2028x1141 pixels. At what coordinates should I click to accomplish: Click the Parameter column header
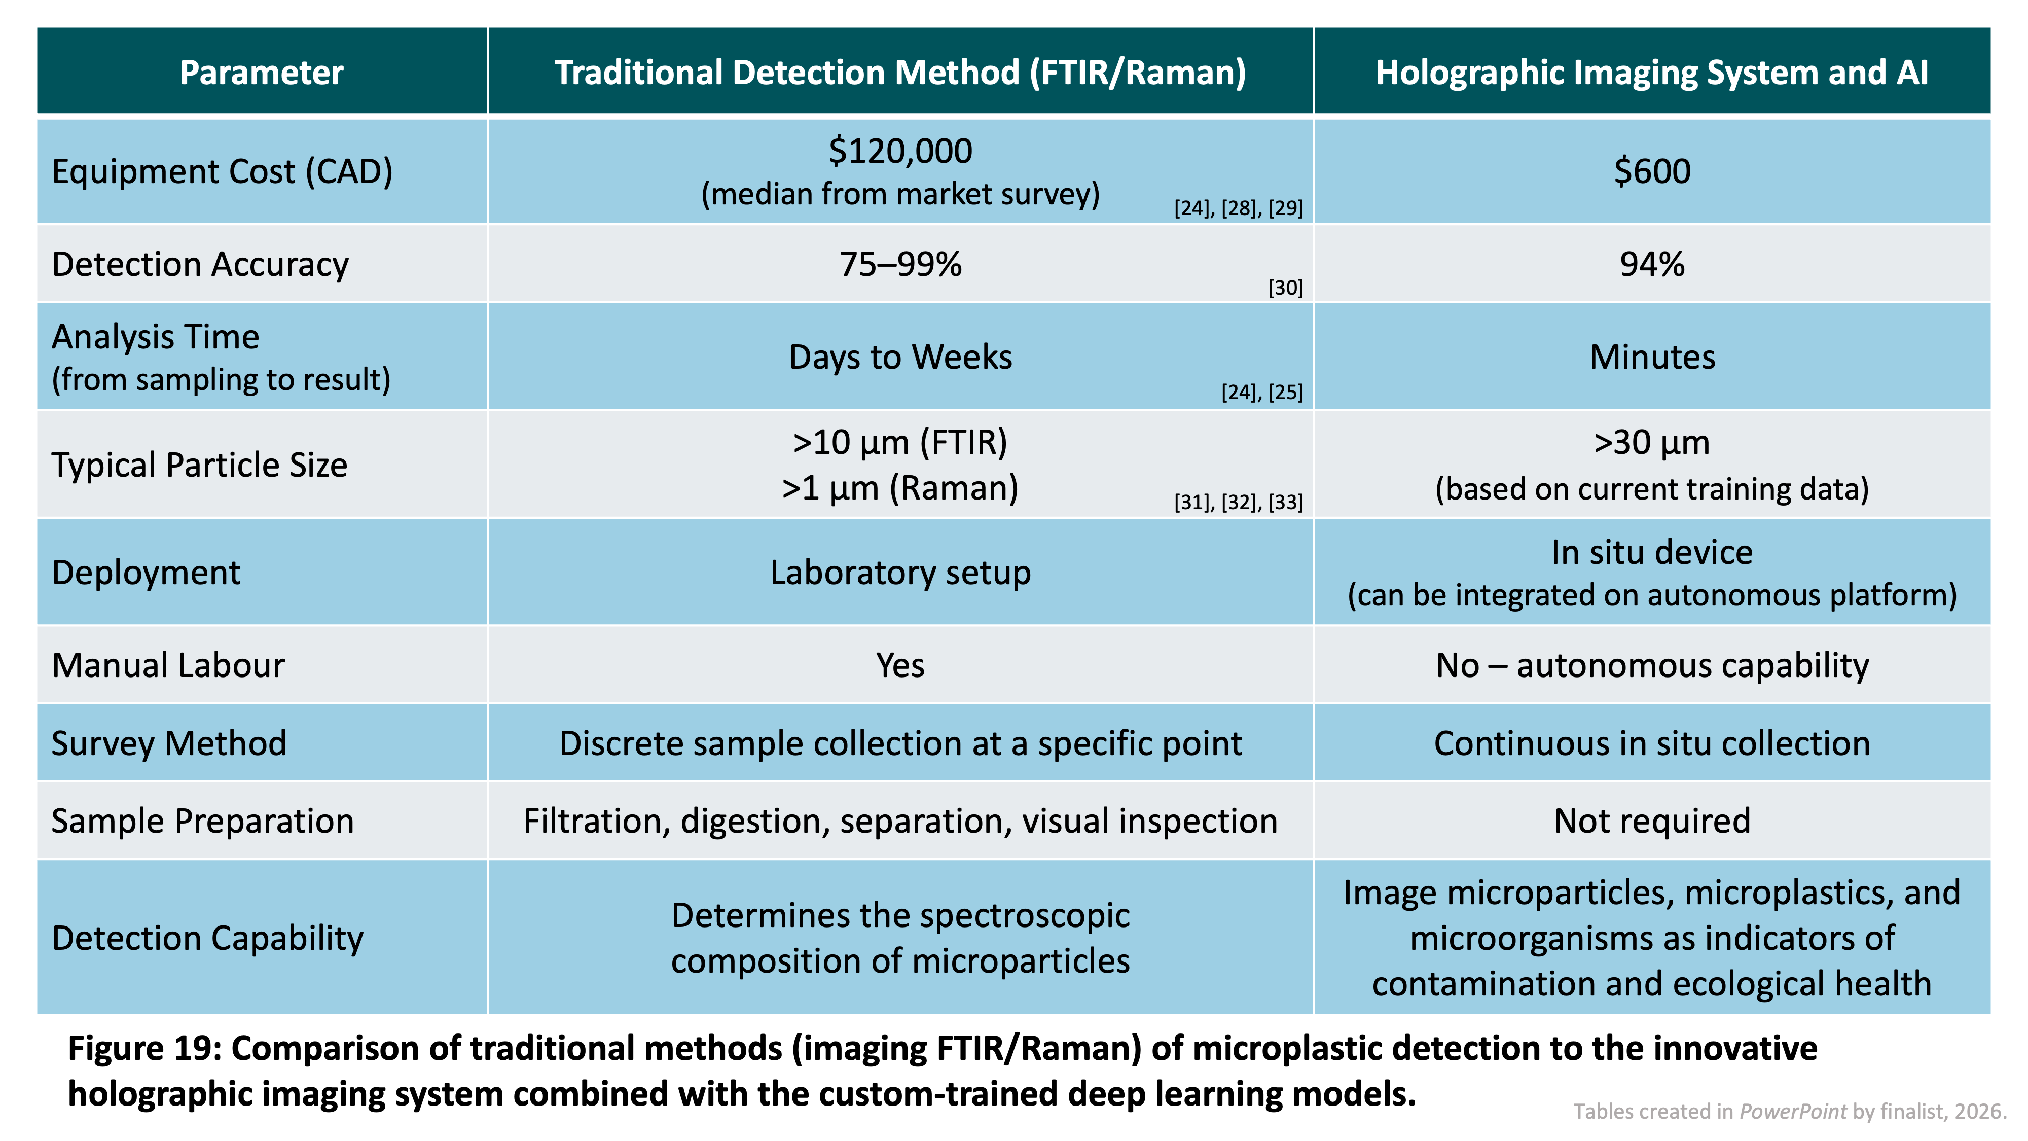(x=262, y=73)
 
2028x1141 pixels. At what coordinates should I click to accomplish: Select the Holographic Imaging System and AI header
(x=1652, y=73)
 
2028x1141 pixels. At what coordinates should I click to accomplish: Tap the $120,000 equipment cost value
(x=900, y=151)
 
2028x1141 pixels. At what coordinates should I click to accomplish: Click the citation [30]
(x=1286, y=288)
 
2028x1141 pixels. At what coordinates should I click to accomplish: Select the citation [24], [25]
(x=1262, y=392)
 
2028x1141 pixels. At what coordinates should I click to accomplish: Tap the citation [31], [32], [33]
(x=1239, y=502)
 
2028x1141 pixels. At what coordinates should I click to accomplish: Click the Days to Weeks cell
(x=900, y=356)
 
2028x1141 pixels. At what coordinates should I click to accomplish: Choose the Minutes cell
(x=1652, y=356)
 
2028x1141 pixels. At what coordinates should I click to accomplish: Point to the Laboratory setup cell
(x=900, y=573)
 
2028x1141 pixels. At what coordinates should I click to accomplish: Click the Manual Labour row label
(x=168, y=665)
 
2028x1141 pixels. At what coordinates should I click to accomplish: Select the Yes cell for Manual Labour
(x=900, y=665)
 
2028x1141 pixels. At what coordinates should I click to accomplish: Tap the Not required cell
(x=1652, y=821)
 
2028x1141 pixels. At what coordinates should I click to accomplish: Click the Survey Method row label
(x=169, y=743)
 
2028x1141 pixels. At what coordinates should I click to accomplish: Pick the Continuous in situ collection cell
(x=1652, y=743)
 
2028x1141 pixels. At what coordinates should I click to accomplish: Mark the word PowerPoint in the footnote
(x=1793, y=1111)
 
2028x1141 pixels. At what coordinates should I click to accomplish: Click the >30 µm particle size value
(x=1652, y=443)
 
